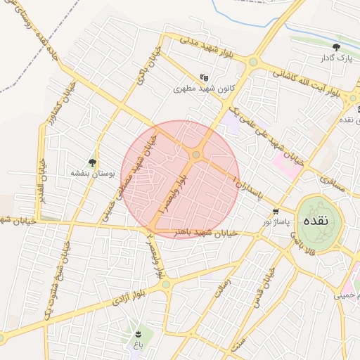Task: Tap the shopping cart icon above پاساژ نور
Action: [x=276, y=211]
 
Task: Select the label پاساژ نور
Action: [x=276, y=222]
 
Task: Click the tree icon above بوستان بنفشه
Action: [x=91, y=162]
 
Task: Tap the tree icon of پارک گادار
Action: [x=336, y=47]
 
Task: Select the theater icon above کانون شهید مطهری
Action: [x=204, y=77]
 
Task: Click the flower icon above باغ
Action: [x=138, y=333]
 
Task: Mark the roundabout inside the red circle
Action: [x=197, y=155]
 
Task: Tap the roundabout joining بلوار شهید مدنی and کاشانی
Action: [x=252, y=62]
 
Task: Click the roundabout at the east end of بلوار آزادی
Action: [x=166, y=285]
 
